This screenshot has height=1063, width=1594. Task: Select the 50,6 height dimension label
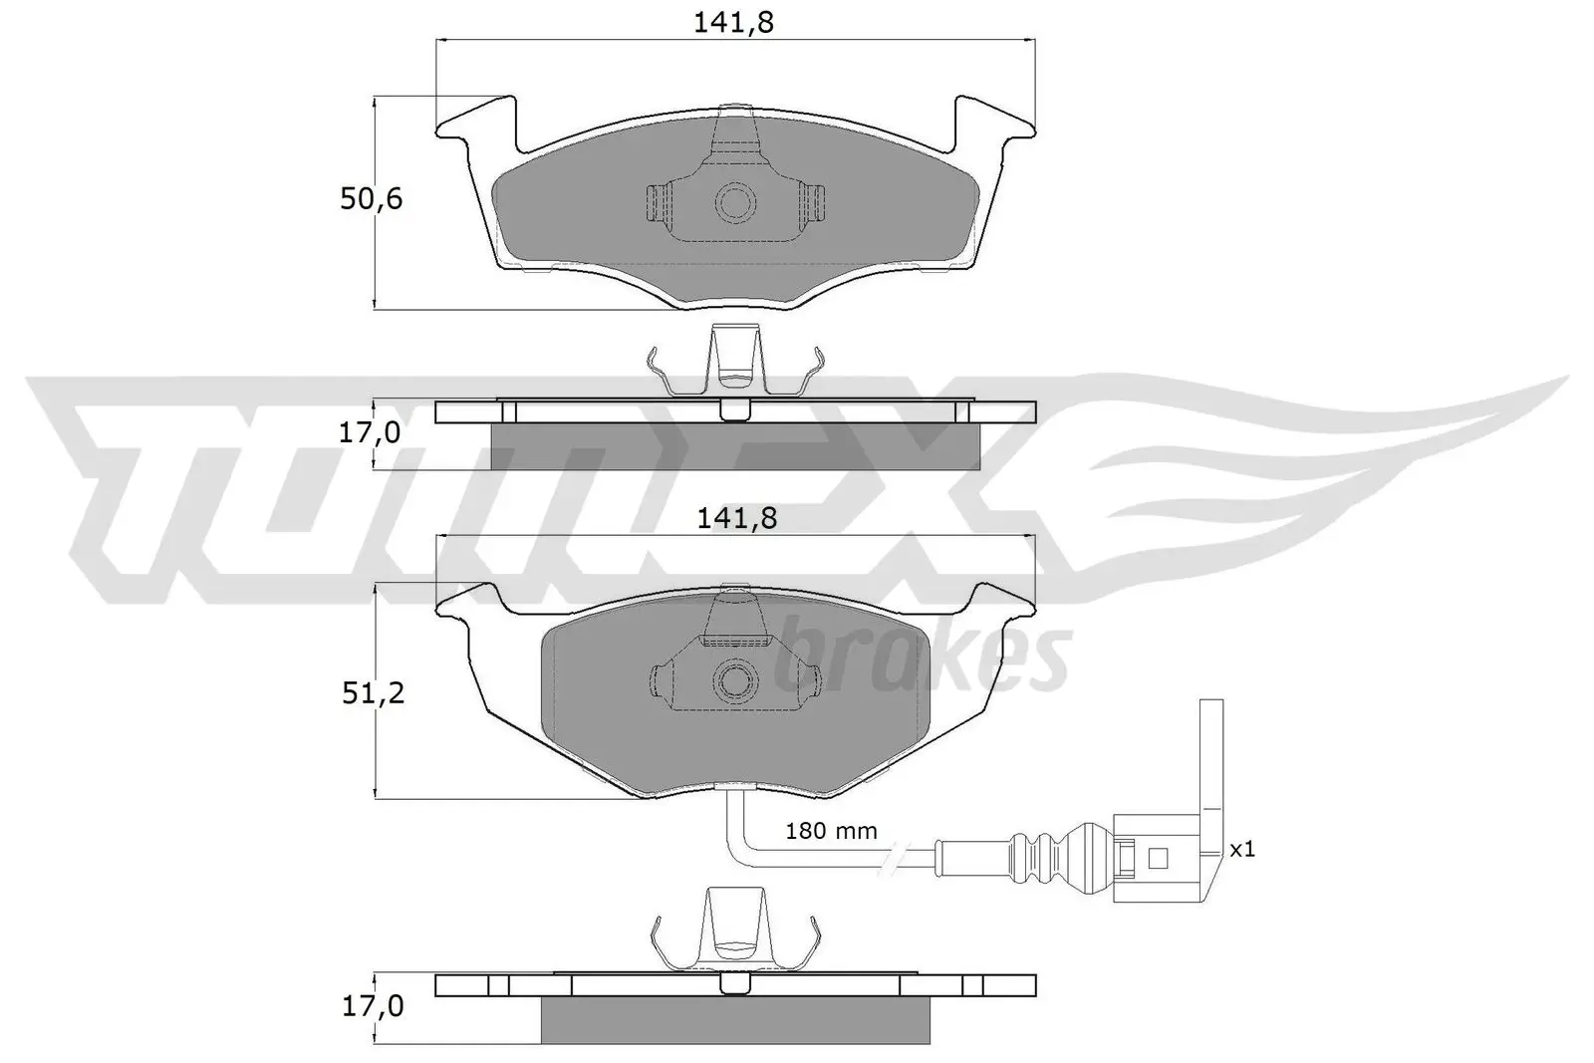point(371,199)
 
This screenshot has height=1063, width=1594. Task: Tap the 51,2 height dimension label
point(373,693)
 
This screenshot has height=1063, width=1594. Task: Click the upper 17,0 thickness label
point(371,433)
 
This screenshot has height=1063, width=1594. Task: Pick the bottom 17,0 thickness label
point(371,1007)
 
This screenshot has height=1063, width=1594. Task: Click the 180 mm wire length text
point(831,830)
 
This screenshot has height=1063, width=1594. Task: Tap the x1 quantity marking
point(1241,849)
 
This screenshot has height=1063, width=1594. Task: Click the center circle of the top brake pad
point(735,201)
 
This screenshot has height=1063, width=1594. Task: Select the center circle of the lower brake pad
point(735,680)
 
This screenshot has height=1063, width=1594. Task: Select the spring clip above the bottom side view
point(734,930)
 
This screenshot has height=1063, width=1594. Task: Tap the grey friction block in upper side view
point(734,446)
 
